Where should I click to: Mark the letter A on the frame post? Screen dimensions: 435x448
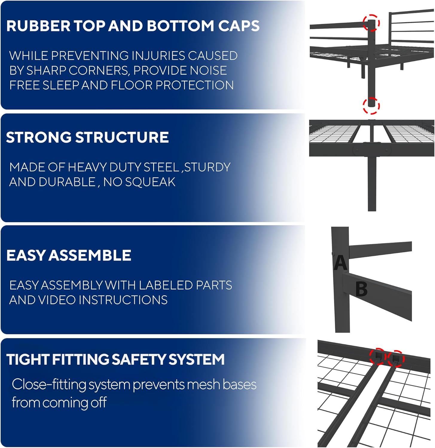(x=340, y=263)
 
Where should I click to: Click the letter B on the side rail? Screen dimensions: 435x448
(x=361, y=289)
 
